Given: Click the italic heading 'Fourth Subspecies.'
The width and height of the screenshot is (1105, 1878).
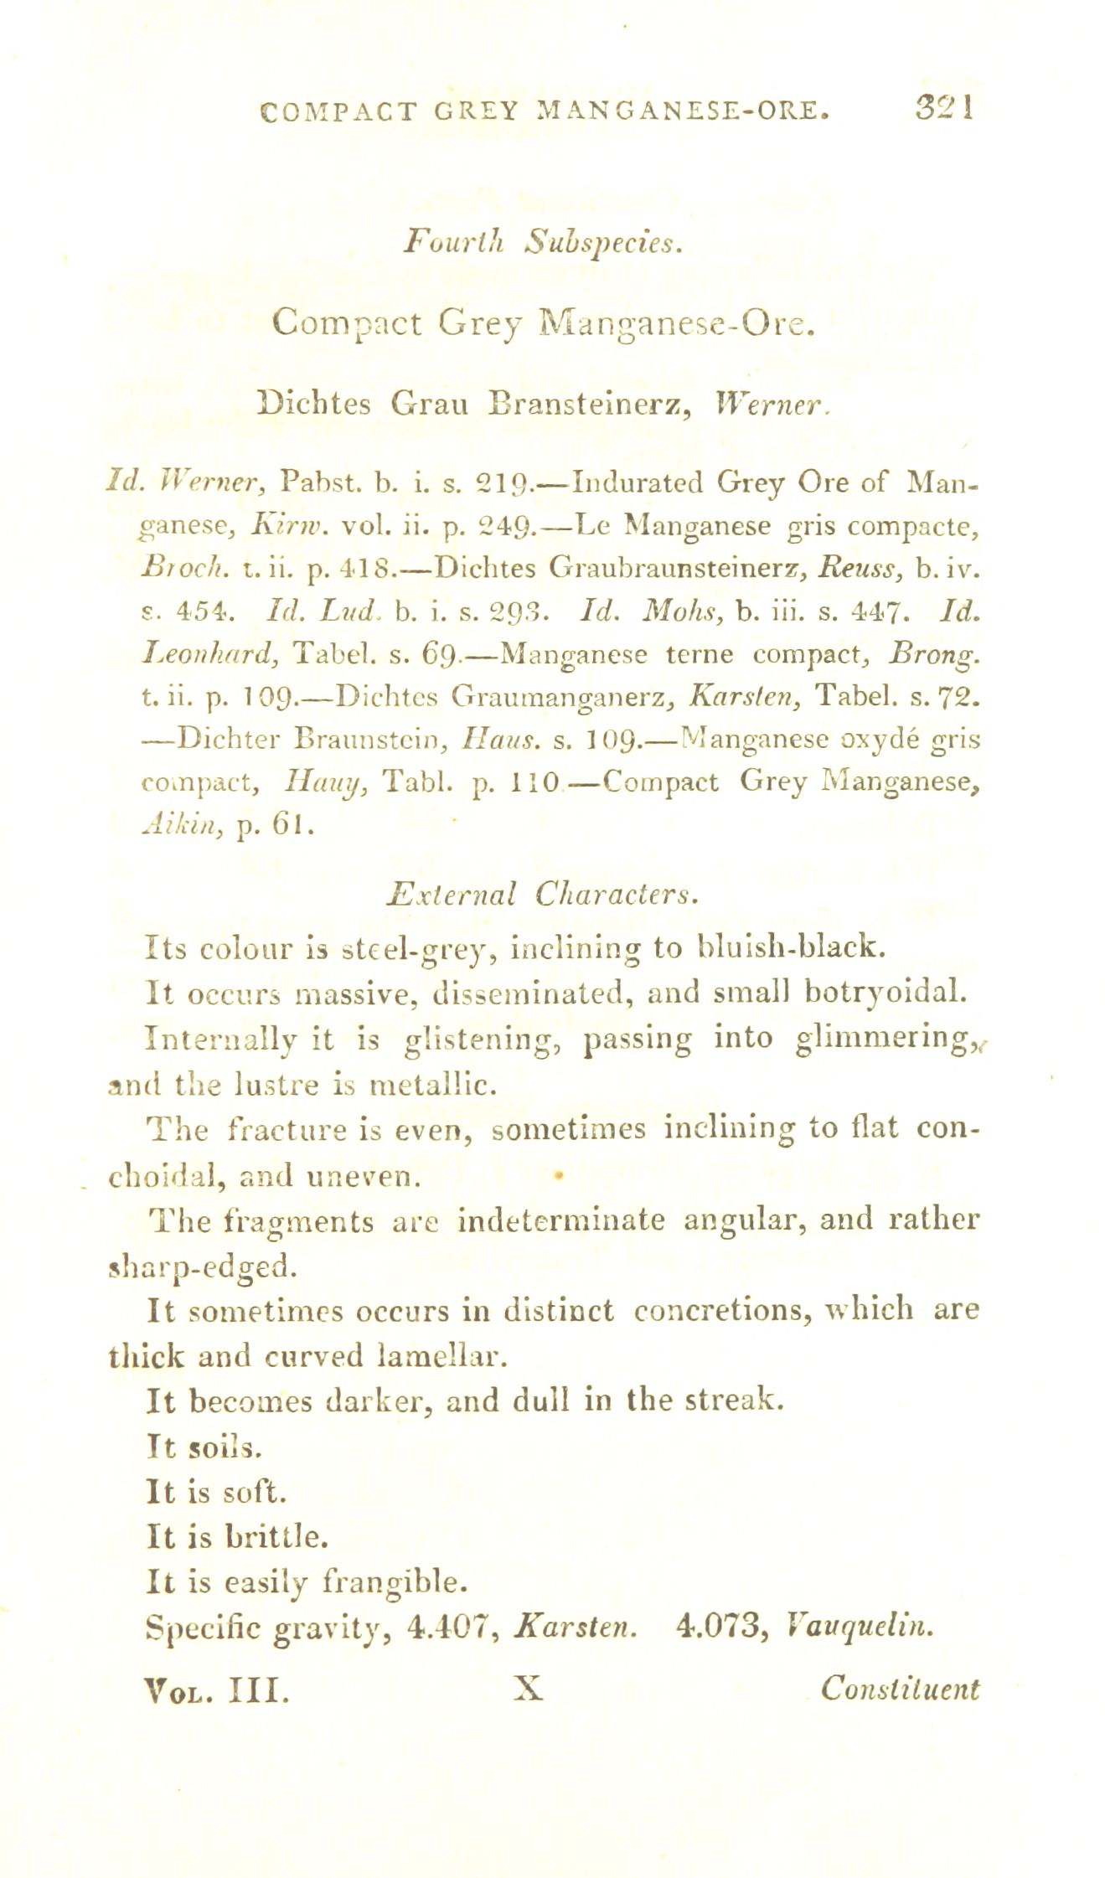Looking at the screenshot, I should coord(545,242).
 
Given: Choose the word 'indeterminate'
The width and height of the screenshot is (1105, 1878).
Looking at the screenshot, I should coord(561,1218).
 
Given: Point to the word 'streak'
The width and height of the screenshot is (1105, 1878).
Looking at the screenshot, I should coord(733,1399).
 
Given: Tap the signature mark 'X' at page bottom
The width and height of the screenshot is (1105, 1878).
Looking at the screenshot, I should coord(529,1687).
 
